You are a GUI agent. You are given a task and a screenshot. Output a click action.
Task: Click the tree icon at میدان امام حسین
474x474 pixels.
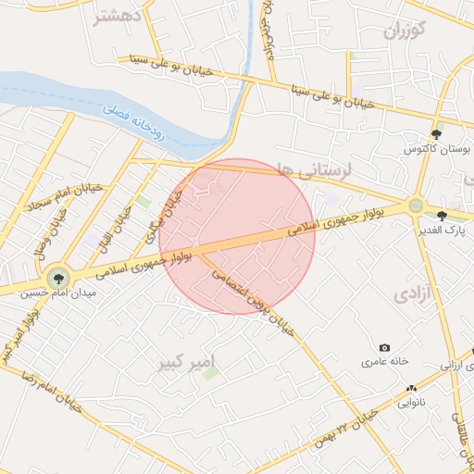tap(58, 277)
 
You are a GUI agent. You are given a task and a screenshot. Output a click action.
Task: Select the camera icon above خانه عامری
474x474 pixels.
tap(385, 347)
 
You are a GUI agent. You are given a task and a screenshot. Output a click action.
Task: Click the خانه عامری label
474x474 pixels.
tap(385, 363)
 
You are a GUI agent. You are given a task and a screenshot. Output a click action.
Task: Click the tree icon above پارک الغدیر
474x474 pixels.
tap(454, 215)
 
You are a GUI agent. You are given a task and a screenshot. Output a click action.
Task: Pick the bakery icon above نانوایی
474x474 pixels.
tap(411, 389)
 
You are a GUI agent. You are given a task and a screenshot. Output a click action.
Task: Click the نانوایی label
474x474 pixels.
tap(411, 403)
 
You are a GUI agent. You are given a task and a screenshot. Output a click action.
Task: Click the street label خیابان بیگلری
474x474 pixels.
tap(164, 214)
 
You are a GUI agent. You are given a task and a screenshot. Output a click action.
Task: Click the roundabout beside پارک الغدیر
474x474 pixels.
tap(417, 206)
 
